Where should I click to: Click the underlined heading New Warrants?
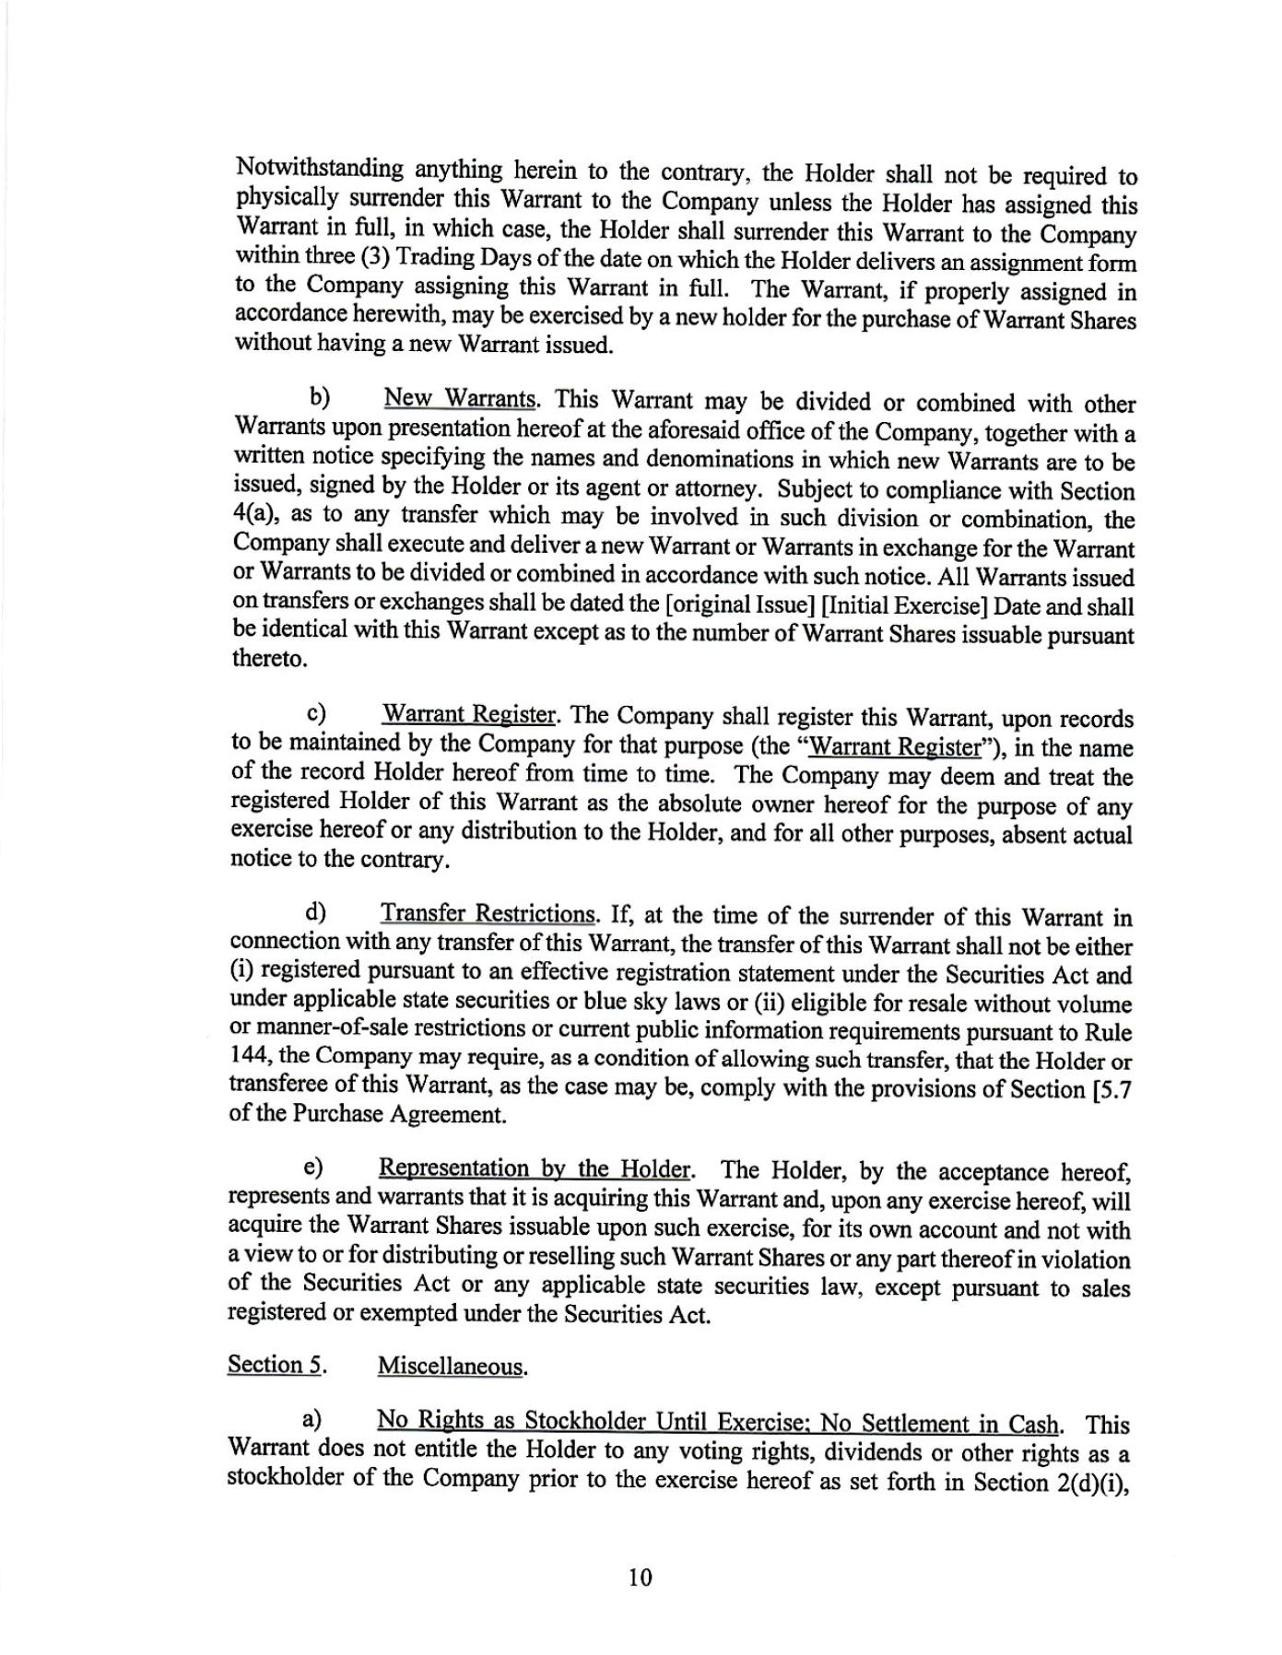[460, 399]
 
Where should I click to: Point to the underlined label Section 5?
[276, 1364]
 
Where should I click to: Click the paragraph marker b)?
[320, 398]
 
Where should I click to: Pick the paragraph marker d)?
[317, 912]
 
